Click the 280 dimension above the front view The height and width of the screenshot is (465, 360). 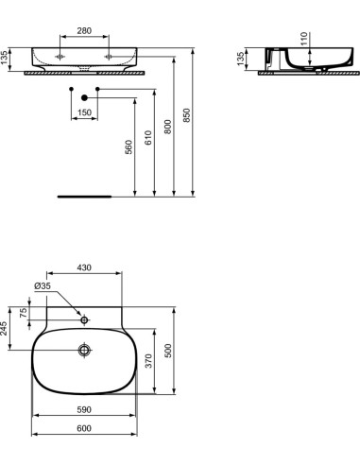(84, 32)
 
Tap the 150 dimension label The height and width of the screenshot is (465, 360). (84, 113)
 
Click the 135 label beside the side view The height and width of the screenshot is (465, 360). (241, 58)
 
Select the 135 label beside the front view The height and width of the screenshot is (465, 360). (5, 58)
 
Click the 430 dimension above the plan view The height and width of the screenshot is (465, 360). (85, 268)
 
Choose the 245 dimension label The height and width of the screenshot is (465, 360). (5, 328)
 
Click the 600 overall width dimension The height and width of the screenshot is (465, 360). (84, 429)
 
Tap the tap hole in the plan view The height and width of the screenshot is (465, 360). (84, 320)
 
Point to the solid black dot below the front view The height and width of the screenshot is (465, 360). (84, 97)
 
